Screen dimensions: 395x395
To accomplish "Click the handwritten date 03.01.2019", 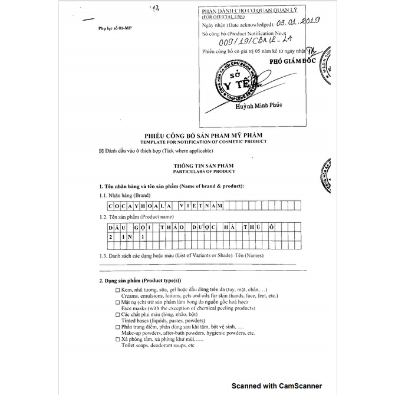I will point(298,24).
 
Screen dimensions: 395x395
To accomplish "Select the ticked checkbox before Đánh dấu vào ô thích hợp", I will point(102,152).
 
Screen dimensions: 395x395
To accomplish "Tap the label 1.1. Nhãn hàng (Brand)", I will point(125,195).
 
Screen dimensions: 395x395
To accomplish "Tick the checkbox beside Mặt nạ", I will point(117,302).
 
